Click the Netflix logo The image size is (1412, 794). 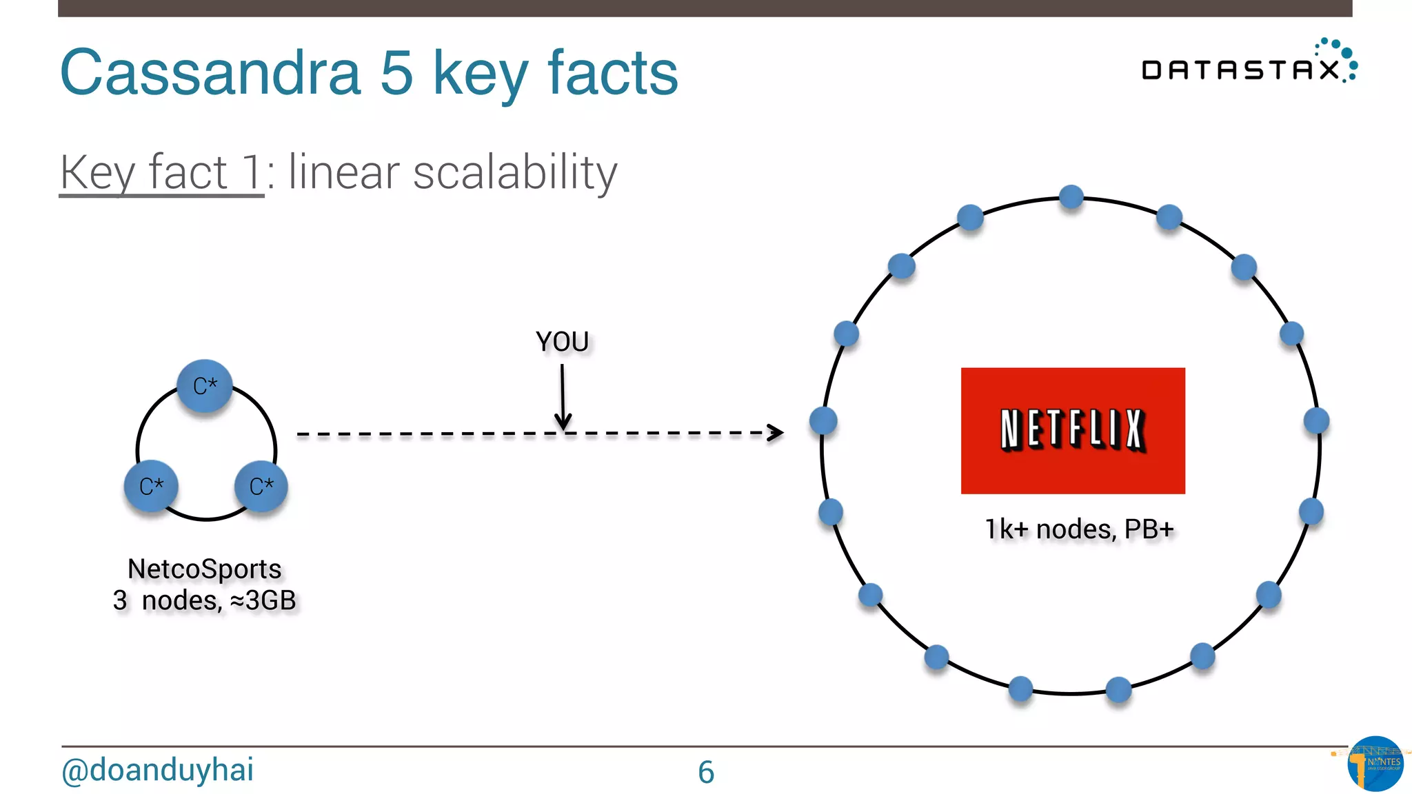(x=1073, y=430)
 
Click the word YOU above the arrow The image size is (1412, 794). (x=562, y=342)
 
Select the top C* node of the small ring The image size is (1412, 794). (x=205, y=386)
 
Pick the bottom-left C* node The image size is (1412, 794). (x=151, y=486)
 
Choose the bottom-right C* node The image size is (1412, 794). (x=261, y=486)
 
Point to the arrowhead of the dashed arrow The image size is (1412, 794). (x=777, y=433)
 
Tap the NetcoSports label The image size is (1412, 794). (x=205, y=569)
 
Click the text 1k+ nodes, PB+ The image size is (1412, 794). (x=1079, y=529)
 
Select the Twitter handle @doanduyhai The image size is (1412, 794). (x=157, y=770)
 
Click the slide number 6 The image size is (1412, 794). (x=706, y=772)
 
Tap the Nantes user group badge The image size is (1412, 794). (x=1375, y=763)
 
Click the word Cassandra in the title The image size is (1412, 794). (x=210, y=72)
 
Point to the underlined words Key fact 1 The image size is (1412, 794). (x=161, y=172)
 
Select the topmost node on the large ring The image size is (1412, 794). (x=1071, y=197)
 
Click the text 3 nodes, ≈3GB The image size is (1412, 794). (x=205, y=600)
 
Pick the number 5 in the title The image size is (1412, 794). (x=396, y=72)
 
